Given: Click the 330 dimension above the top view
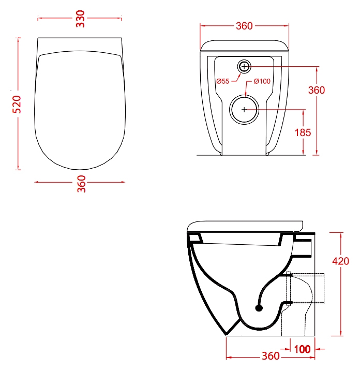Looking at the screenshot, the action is [x=80, y=19].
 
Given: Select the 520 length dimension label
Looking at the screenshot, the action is [x=17, y=105].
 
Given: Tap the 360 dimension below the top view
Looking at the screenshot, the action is [x=81, y=184].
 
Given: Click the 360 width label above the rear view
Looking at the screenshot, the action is [x=244, y=26].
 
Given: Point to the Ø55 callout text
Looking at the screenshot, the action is [x=223, y=81].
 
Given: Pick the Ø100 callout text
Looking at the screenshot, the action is [x=262, y=81].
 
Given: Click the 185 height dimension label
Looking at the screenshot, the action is [x=303, y=132].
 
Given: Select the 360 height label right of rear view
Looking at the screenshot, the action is [x=317, y=90].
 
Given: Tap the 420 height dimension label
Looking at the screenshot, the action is [x=341, y=261].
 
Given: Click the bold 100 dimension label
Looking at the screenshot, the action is [x=302, y=349].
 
